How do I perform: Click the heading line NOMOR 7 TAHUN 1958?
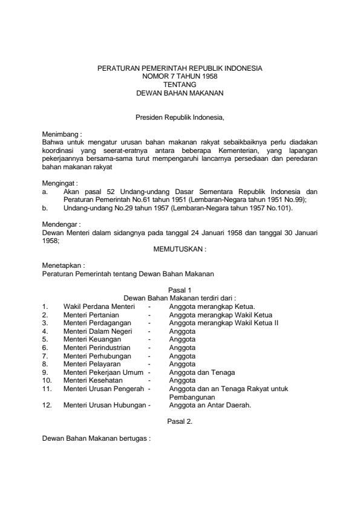tap(180, 77)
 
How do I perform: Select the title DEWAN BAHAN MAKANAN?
tap(180, 94)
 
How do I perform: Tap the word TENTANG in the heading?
tap(180, 85)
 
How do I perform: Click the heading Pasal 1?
tap(180, 290)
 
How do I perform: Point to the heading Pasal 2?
tap(180, 422)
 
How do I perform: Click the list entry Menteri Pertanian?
tap(91, 315)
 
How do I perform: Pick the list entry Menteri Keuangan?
tap(91, 340)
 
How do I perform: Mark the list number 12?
tap(46, 406)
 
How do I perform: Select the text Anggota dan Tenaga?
tap(202, 372)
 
